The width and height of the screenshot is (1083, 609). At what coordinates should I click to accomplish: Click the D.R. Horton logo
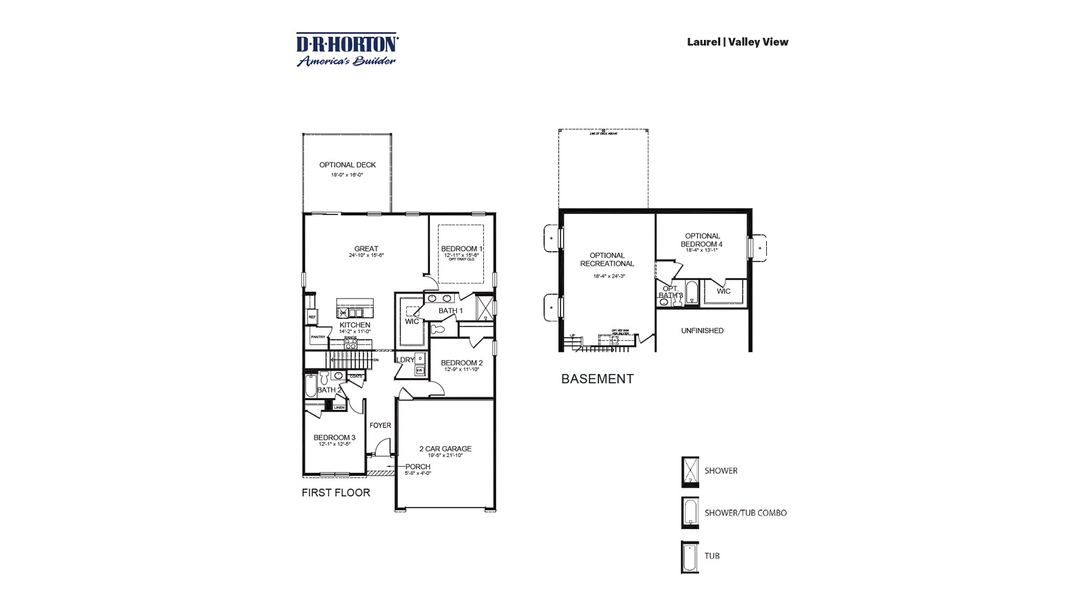[347, 50]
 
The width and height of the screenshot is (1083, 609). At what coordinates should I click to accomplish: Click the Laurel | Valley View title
[737, 42]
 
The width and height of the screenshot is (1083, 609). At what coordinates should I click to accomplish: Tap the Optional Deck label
[347, 165]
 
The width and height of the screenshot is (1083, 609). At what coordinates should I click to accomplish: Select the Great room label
[366, 249]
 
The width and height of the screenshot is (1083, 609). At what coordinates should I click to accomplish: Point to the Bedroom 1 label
[462, 249]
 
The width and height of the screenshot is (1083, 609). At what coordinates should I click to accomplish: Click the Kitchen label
[355, 325]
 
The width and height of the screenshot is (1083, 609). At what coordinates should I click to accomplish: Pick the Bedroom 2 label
[462, 363]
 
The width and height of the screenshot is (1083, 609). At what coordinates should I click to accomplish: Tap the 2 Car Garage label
[445, 449]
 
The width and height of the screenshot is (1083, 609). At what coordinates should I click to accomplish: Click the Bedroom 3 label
[334, 438]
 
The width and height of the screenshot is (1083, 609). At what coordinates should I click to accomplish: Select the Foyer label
[380, 426]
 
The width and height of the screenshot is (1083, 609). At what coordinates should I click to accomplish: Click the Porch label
[418, 467]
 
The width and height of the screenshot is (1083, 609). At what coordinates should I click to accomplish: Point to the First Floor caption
[336, 493]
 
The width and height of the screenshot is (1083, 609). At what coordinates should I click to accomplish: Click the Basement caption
[597, 379]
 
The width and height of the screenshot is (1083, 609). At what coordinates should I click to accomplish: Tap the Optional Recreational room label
[607, 260]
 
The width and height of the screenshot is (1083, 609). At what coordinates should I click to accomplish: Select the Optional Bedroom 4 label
[702, 240]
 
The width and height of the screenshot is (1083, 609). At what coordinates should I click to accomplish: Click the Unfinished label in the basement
[702, 331]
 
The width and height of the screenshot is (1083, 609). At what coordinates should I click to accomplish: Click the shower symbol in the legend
[690, 472]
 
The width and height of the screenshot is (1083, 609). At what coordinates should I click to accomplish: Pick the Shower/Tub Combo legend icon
[690, 513]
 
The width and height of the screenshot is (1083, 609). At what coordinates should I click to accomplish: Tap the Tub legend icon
[690, 557]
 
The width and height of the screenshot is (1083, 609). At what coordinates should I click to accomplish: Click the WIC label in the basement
[724, 292]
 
